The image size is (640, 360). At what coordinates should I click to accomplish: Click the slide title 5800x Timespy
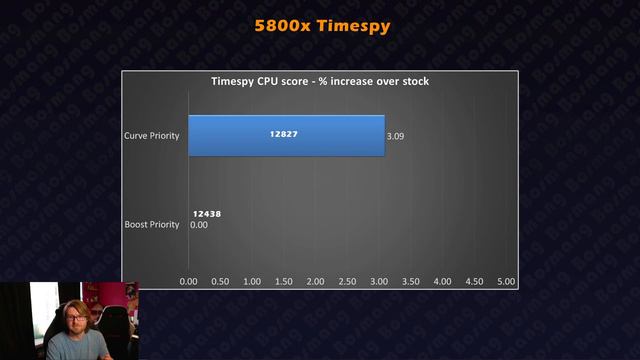(320, 27)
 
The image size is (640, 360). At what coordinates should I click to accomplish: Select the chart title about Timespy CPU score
(319, 81)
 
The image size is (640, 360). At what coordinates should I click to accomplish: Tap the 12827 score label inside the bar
(284, 134)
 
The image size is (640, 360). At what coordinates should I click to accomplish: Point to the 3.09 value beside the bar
(396, 135)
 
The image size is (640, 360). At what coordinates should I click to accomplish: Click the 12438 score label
(207, 214)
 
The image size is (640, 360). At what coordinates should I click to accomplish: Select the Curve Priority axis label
(151, 135)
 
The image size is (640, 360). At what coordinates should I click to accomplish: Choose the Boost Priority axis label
(151, 224)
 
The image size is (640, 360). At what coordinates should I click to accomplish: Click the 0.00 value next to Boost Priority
(199, 224)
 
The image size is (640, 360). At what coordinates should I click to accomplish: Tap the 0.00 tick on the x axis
(188, 282)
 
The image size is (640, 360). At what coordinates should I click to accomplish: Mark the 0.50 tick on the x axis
(220, 282)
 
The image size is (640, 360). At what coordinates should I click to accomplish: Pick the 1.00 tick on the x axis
(252, 282)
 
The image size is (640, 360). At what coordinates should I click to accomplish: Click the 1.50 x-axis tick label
(284, 282)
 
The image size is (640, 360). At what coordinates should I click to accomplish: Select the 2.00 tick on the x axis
(316, 282)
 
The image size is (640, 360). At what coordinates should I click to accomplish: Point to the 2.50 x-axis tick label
(347, 282)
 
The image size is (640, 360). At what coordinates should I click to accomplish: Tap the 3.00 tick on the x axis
(379, 282)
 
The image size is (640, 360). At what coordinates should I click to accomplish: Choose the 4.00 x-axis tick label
(443, 282)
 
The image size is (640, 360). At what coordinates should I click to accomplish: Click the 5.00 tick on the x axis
(506, 282)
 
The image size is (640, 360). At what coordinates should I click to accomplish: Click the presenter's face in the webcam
(71, 318)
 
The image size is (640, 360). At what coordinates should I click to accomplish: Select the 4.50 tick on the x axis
(475, 282)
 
